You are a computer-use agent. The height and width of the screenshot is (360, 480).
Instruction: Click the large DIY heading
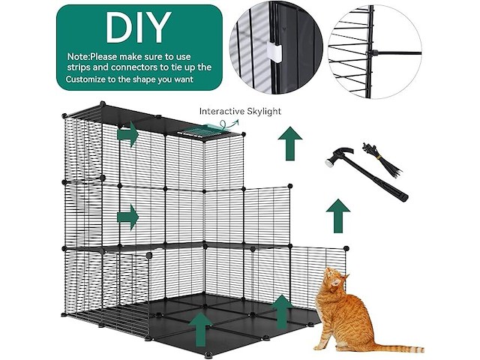pyautogui.click(x=138, y=28)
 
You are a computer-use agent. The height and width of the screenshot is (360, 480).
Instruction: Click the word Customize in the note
pyautogui.click(x=85, y=79)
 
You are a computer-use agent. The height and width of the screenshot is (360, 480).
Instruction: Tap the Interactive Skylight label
pyautogui.click(x=240, y=111)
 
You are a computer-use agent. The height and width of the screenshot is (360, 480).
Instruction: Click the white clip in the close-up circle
pyautogui.click(x=274, y=52)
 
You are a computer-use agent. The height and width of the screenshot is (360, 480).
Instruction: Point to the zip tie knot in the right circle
pyautogui.click(x=371, y=53)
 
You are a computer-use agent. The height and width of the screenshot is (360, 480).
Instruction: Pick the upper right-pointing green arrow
pyautogui.click(x=128, y=134)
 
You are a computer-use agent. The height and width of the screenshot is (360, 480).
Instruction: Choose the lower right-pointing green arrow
pyautogui.click(x=128, y=217)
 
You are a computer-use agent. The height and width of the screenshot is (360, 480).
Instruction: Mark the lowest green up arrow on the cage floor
pyautogui.click(x=200, y=329)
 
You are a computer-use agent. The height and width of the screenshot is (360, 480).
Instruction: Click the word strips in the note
pyautogui.click(x=78, y=67)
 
